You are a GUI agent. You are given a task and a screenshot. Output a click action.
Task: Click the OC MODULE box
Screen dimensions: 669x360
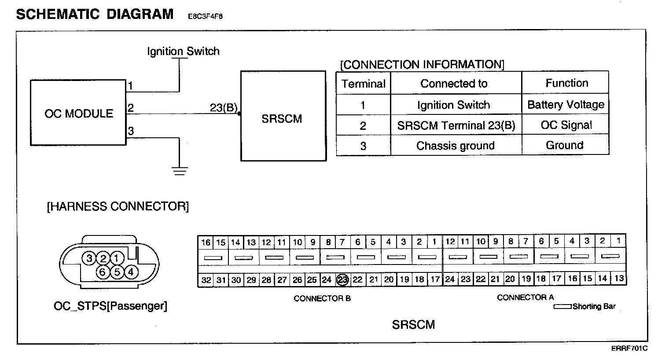[78, 113]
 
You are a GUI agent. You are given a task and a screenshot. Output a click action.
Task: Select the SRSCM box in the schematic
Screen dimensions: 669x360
[283, 117]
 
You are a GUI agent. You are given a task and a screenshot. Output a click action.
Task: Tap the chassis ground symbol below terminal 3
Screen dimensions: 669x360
[179, 170]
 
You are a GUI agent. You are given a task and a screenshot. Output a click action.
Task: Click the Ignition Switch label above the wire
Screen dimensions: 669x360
[183, 51]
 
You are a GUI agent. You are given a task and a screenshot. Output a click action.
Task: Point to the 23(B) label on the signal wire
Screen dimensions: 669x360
[224, 108]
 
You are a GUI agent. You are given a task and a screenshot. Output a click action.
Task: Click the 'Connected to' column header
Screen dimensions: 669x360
[454, 84]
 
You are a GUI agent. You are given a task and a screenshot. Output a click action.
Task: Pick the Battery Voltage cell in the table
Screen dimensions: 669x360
[566, 105]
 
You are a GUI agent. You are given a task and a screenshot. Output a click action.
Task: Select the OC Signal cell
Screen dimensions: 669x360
[566, 125]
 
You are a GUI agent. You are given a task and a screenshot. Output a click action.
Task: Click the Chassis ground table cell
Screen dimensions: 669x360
[456, 146]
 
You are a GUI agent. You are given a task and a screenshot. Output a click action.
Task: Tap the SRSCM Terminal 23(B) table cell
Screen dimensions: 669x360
[456, 125]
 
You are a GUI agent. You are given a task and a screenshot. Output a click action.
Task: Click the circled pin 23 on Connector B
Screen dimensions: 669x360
[342, 279]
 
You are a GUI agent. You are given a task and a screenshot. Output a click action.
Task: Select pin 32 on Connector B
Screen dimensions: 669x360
[206, 280]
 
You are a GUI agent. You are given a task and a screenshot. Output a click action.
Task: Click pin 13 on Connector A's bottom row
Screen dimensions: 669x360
[619, 278]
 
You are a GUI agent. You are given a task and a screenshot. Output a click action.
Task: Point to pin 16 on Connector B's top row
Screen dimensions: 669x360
[206, 242]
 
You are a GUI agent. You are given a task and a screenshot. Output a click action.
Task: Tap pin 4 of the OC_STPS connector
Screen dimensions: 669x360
[131, 272]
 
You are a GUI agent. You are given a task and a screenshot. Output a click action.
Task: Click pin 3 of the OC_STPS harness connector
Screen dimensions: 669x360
[90, 258]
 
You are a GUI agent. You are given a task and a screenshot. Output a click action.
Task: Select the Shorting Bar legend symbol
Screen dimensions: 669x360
[562, 306]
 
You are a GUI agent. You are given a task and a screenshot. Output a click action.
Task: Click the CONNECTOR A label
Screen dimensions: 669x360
[525, 298]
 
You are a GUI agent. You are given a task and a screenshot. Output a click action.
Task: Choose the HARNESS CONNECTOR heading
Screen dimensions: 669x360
[118, 206]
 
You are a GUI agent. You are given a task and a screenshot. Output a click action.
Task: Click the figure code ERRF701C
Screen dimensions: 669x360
[629, 349]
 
